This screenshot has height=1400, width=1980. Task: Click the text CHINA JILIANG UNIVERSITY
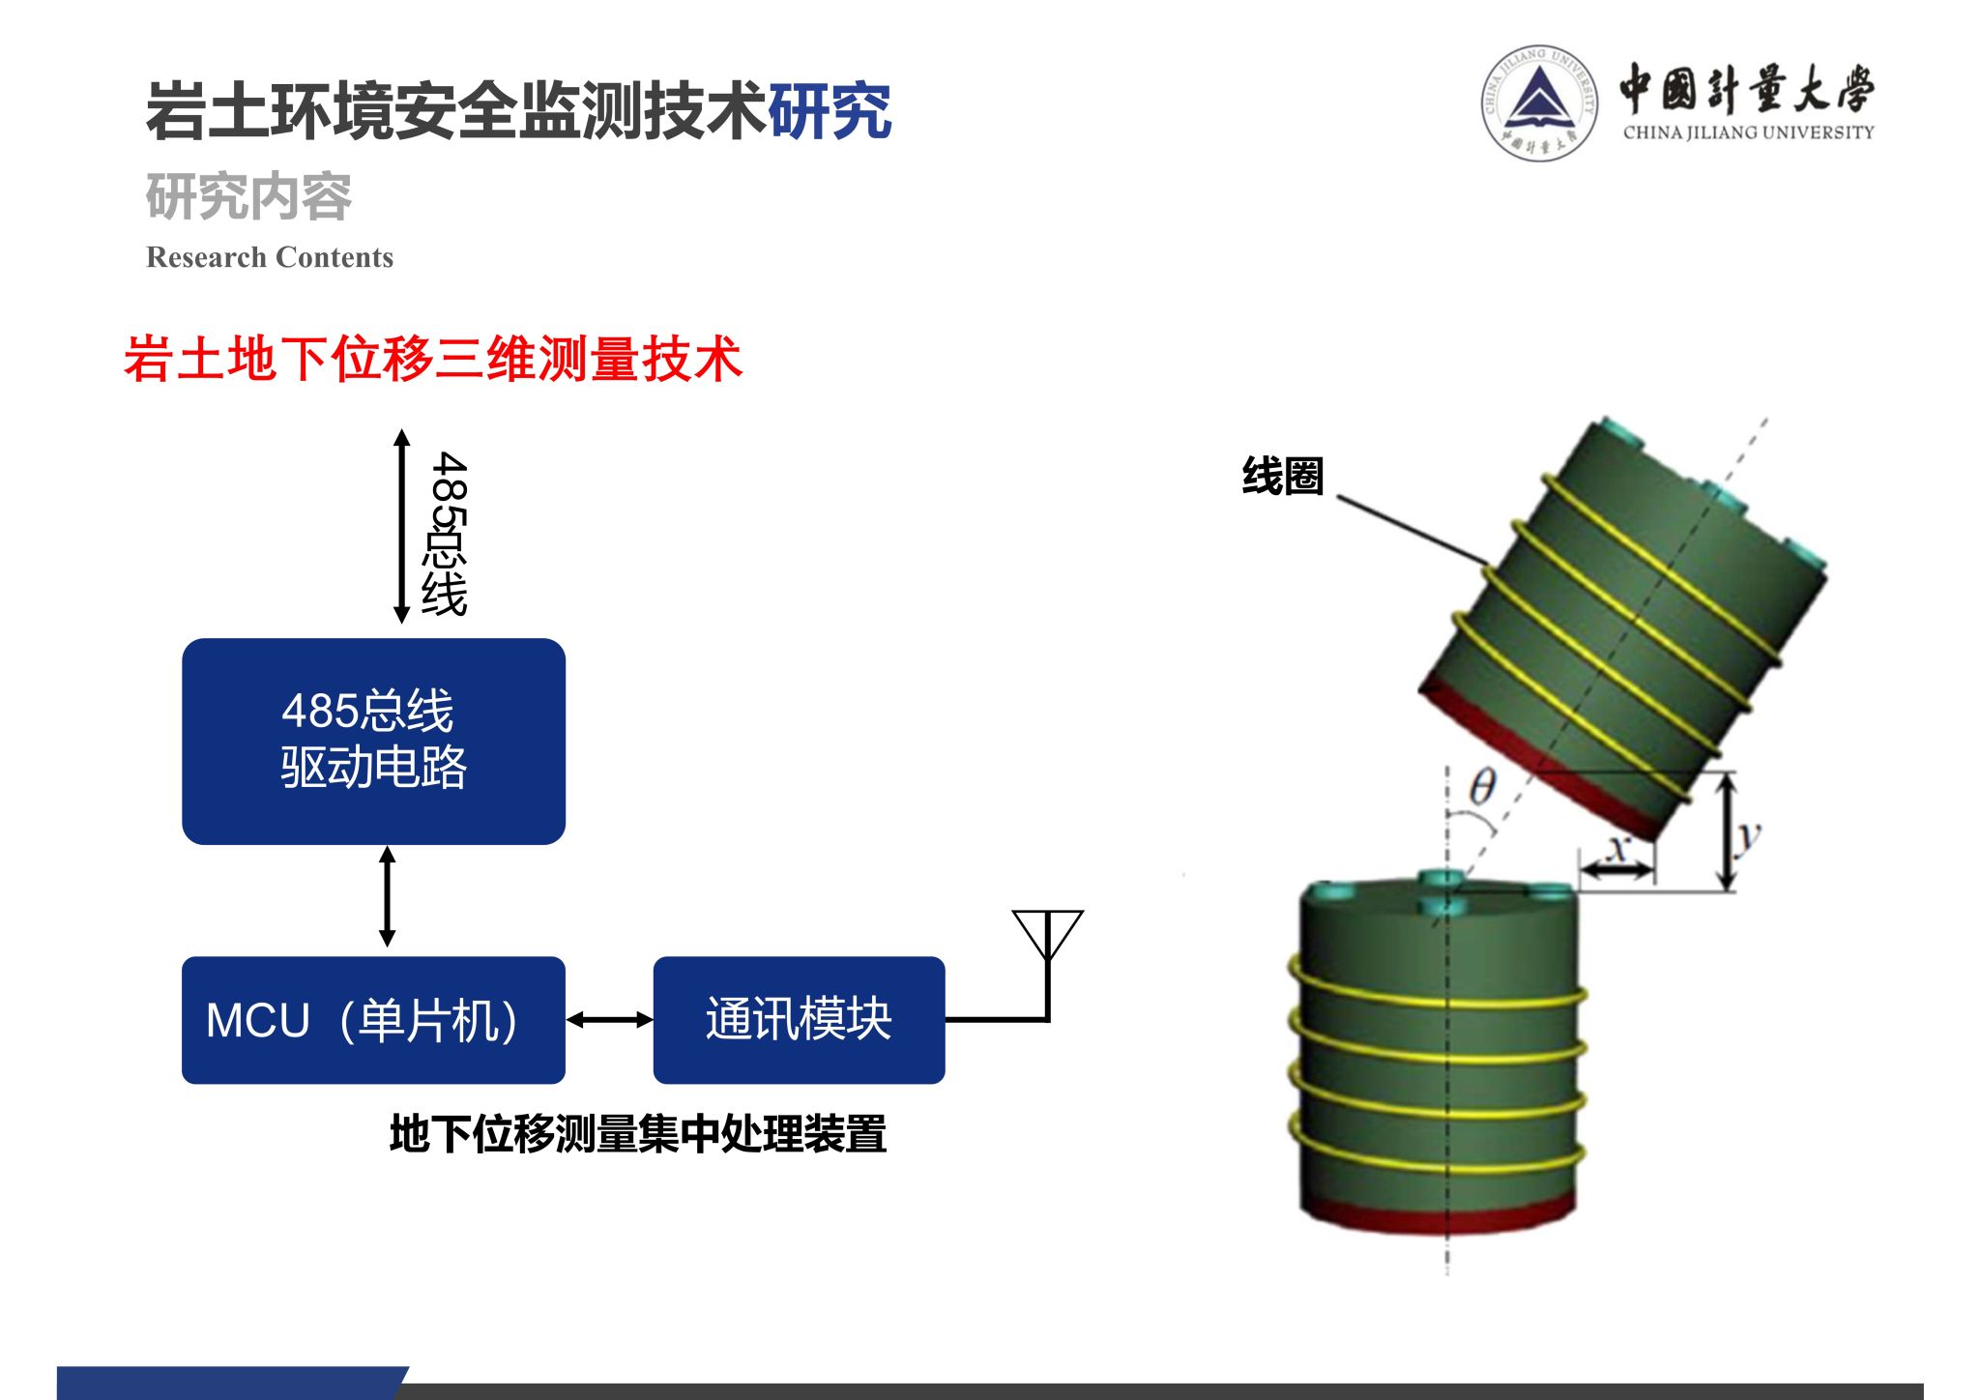[1748, 132]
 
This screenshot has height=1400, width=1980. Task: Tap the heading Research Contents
[270, 257]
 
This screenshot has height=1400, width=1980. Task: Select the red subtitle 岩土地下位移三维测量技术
[433, 359]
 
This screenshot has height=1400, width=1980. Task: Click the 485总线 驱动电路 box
[373, 741]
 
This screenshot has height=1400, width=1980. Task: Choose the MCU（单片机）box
[373, 1020]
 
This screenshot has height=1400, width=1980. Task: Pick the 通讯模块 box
[799, 1020]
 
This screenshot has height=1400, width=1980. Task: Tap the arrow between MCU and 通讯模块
[609, 1019]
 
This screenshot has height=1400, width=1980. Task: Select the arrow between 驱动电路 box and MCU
[388, 896]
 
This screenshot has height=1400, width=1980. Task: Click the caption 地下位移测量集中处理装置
[638, 1133]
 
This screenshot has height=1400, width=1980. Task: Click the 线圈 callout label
[1282, 477]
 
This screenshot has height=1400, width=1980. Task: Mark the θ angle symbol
[1482, 788]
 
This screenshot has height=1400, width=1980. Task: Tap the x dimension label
[1616, 849]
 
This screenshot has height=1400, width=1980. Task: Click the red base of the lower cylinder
[1438, 1216]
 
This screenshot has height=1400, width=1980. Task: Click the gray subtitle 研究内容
[248, 197]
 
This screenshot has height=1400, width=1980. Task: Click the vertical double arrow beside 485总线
[402, 526]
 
